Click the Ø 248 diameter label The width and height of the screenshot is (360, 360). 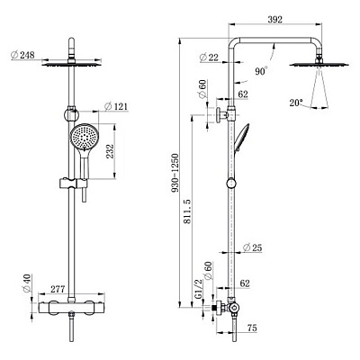[x=22, y=55]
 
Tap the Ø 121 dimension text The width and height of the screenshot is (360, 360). [x=116, y=106]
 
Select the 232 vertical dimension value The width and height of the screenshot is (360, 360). [x=110, y=151]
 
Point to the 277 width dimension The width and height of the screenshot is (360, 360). [x=58, y=289]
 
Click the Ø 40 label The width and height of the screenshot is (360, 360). [x=27, y=283]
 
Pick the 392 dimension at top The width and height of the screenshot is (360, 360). [x=274, y=20]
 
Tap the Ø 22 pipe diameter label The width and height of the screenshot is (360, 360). [x=209, y=57]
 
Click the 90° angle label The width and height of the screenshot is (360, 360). [x=261, y=71]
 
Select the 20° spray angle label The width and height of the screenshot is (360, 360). [x=296, y=103]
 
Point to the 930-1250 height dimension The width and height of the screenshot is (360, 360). [x=175, y=173]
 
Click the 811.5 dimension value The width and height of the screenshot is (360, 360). [x=187, y=211]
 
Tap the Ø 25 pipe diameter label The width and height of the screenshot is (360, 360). [x=252, y=247]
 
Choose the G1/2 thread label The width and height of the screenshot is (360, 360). [x=199, y=290]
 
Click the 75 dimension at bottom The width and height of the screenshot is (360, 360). [x=252, y=328]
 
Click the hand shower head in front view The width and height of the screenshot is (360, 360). [x=85, y=137]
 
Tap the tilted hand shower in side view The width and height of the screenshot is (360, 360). [x=241, y=138]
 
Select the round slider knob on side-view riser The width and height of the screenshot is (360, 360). [x=231, y=183]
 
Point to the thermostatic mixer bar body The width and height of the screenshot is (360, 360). [x=72, y=308]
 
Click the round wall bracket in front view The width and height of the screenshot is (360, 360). [x=71, y=114]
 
